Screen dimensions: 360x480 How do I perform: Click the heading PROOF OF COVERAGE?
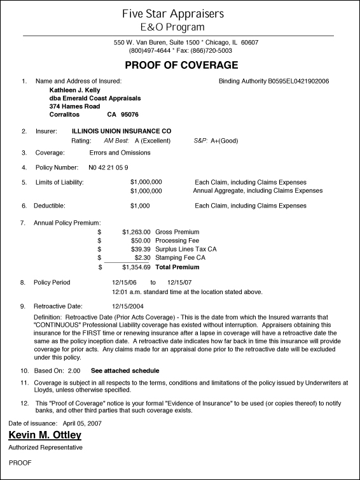[x=181, y=65]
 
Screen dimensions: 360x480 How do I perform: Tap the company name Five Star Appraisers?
[x=181, y=13]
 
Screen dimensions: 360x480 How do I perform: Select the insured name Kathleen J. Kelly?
[x=74, y=90]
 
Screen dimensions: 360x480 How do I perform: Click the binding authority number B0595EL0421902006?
[x=298, y=81]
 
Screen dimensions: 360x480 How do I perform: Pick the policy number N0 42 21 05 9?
[x=109, y=167]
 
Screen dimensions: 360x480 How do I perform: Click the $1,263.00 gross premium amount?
[x=136, y=232]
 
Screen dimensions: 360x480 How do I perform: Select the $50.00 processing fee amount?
[x=141, y=241]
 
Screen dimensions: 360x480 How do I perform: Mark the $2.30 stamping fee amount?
[x=142, y=257]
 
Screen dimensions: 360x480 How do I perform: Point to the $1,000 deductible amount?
[x=139, y=206]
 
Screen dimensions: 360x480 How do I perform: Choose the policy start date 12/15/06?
[x=124, y=282]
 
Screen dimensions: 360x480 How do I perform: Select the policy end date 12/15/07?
[x=179, y=282]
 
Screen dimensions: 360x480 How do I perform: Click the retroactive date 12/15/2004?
[x=128, y=306]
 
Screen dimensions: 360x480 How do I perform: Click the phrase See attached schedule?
[x=125, y=370]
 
